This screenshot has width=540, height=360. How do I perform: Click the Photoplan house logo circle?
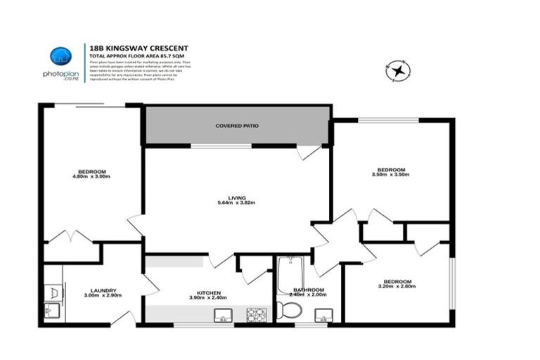61,56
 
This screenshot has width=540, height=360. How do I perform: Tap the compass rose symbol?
397,70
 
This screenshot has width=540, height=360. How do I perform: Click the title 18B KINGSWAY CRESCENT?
139,48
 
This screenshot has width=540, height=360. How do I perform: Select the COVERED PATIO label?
237,126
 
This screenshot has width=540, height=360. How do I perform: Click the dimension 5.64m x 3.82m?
236,203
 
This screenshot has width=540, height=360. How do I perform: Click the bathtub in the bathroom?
289,274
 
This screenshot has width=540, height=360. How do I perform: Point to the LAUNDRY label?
103,290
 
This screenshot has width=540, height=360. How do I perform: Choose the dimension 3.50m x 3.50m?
391,174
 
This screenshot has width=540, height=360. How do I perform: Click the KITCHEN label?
209,292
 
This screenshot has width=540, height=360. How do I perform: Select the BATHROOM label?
309,290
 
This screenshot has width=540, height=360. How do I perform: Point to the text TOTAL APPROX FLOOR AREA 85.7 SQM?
139,56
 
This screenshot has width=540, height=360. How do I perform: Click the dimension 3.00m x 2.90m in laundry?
103,295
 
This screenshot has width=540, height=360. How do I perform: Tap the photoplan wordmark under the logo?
60,74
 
